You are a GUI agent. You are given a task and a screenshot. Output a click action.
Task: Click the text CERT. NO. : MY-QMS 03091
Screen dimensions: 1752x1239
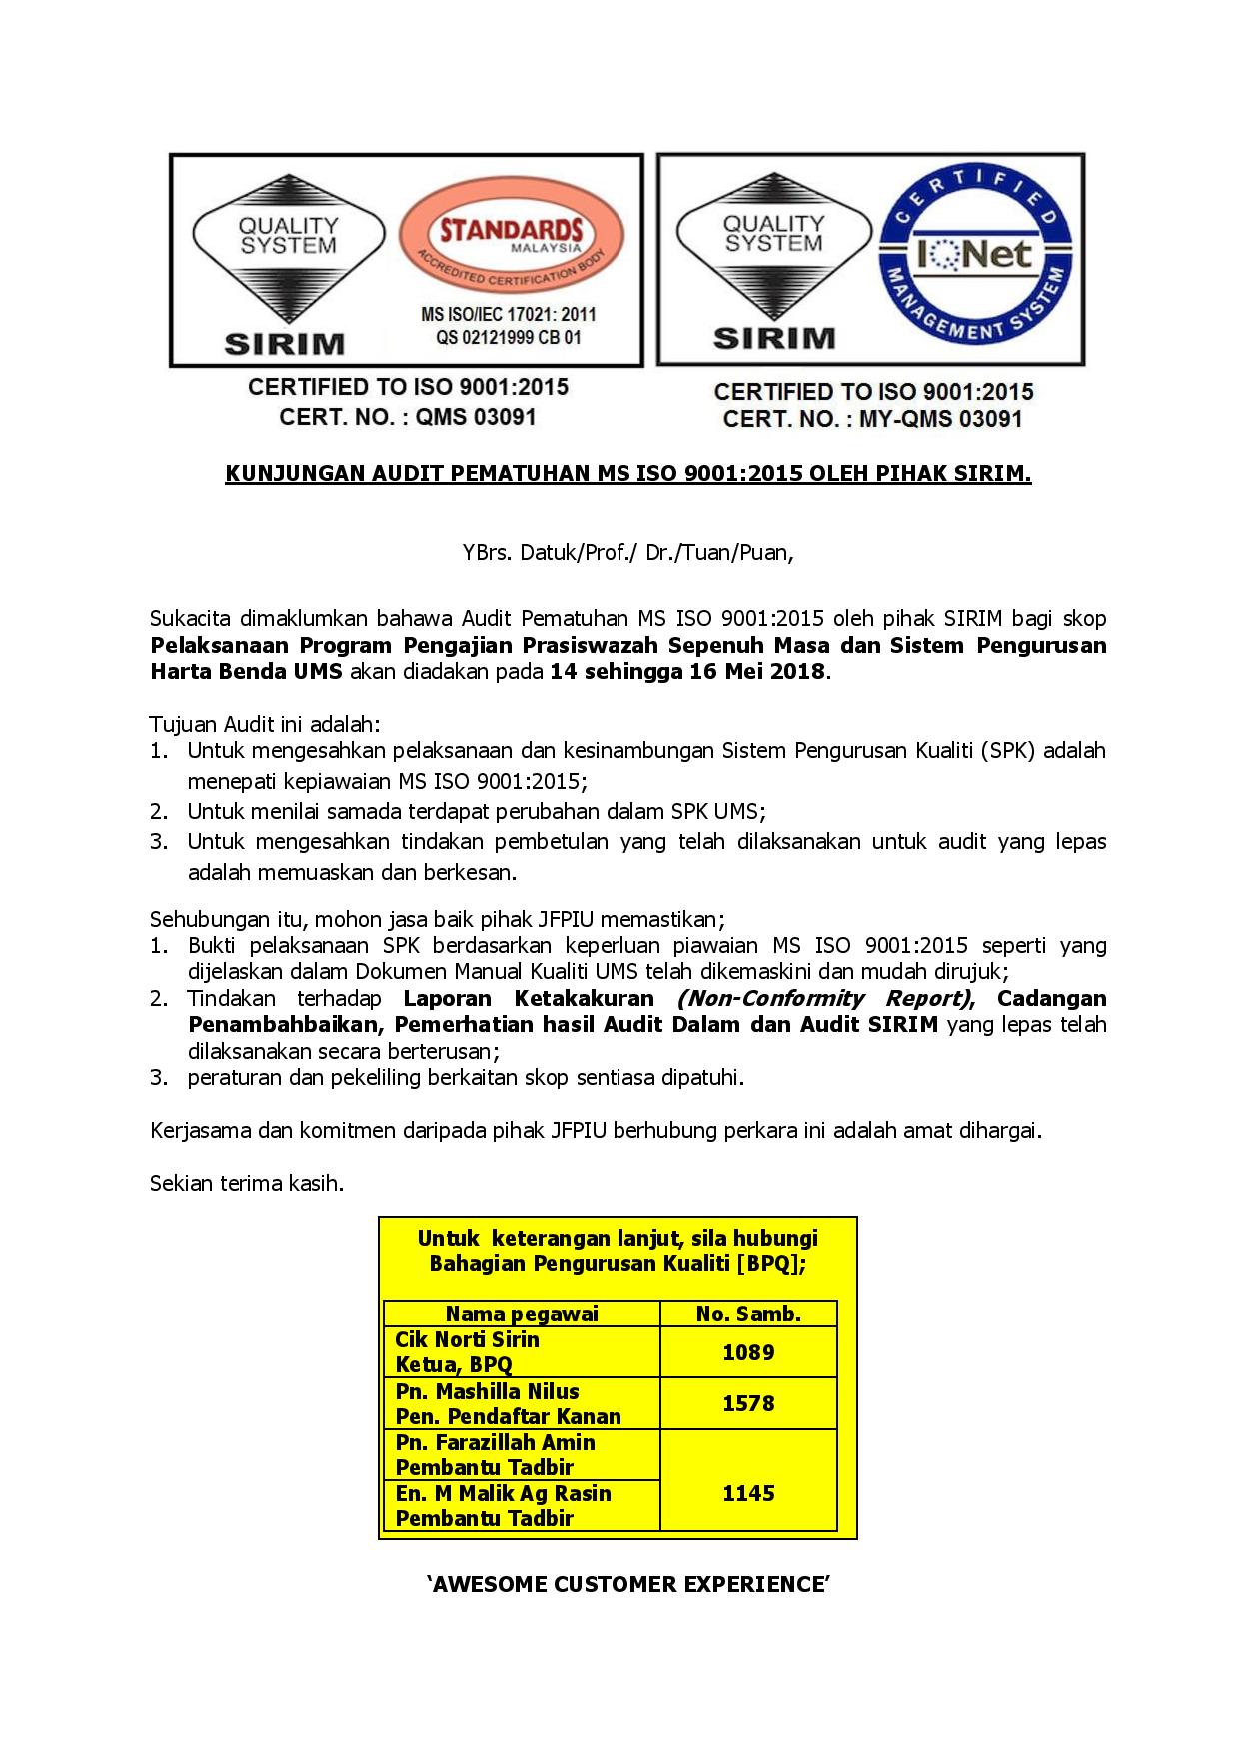[x=872, y=419]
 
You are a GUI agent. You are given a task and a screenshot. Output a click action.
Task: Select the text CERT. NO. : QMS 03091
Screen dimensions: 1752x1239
[x=408, y=416]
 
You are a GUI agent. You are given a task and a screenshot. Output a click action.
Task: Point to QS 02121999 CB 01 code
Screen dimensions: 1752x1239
[x=508, y=337]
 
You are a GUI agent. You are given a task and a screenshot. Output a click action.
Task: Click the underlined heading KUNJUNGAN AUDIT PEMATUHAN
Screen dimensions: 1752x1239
[x=627, y=473]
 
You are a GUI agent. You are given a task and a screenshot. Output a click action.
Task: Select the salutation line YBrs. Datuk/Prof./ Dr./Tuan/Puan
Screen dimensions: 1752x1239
[x=627, y=553]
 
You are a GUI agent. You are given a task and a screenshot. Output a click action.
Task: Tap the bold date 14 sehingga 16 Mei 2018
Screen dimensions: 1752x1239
[x=688, y=671]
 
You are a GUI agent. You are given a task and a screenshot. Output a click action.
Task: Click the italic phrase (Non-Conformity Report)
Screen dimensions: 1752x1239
[x=824, y=998]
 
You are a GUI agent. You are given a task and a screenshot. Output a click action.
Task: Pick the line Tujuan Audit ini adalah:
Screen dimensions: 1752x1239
[x=265, y=723]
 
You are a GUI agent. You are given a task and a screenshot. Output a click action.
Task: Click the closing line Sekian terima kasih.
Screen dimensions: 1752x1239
[x=247, y=1184]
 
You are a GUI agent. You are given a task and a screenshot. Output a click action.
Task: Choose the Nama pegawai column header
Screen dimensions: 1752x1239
[x=521, y=1314]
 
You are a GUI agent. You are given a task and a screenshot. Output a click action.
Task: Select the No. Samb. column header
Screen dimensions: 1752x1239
[x=748, y=1314]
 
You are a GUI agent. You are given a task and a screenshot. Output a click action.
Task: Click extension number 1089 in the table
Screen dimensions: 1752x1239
[x=748, y=1352]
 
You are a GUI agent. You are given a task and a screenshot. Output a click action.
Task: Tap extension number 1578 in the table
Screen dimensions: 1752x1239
[x=748, y=1403]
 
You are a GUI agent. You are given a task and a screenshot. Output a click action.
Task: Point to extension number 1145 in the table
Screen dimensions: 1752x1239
[x=748, y=1493]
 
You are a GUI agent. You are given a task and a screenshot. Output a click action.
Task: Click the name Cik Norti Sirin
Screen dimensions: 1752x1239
[x=467, y=1339]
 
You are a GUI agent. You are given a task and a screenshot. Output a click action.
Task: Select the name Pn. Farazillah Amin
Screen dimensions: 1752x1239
[x=495, y=1442]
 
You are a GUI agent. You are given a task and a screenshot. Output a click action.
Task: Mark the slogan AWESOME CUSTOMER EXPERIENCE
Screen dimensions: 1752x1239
[x=627, y=1584]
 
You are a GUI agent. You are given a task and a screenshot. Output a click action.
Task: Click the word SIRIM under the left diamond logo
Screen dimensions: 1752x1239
[x=284, y=343]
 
